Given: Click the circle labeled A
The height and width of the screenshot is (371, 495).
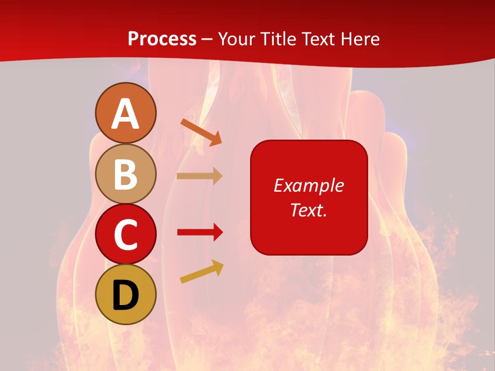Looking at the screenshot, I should tap(125, 113).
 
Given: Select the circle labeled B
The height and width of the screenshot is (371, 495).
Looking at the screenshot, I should tap(125, 174).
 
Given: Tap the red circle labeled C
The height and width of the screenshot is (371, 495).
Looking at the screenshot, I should tap(125, 234).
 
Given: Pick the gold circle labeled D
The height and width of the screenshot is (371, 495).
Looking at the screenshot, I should tap(125, 294).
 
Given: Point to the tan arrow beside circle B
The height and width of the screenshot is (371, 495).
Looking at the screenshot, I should tap(199, 176).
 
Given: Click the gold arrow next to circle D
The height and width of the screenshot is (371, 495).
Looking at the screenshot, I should tap(202, 272).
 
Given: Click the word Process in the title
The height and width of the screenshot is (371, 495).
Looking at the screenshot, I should tap(162, 39).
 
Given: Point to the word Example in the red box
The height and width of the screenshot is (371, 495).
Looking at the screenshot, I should tap(308, 185).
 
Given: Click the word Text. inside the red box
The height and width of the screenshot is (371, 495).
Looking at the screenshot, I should tap(308, 210).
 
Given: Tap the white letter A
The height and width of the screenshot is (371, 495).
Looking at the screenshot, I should tap(125, 114).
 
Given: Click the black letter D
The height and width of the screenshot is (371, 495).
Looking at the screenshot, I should tap(125, 295).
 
